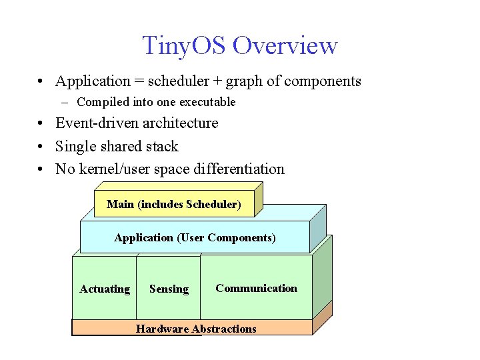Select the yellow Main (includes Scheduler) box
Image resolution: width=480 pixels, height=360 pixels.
point(174,204)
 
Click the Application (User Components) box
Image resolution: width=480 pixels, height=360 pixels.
point(195,238)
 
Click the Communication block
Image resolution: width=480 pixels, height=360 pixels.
point(256,288)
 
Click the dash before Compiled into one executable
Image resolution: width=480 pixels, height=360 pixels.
point(64,102)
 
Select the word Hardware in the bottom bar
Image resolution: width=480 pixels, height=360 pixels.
point(161,329)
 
